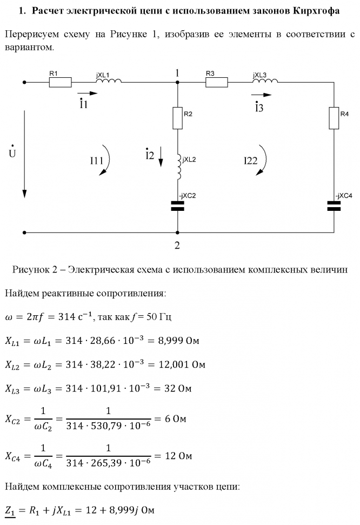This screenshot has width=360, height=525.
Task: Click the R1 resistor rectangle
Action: (x=61, y=82)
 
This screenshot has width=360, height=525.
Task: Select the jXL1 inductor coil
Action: (x=109, y=80)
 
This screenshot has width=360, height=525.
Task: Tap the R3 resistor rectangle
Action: (x=217, y=82)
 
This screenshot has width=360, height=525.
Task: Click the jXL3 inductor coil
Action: (x=265, y=80)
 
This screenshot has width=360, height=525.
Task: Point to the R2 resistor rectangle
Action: (x=177, y=118)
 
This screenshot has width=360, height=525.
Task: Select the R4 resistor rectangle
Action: (x=334, y=118)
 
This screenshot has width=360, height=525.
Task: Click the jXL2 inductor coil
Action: (x=179, y=167)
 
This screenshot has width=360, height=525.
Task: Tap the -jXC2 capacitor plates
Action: (x=177, y=206)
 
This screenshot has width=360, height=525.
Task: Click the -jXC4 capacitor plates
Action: (x=334, y=206)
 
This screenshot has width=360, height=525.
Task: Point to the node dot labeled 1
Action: (x=177, y=82)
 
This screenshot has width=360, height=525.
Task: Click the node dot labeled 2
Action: (x=177, y=232)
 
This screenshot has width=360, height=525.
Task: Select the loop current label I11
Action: (x=96, y=161)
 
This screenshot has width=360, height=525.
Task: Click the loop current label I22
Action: (x=250, y=161)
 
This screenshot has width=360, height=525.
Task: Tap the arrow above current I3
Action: (x=261, y=95)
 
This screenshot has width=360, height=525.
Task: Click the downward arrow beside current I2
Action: (x=161, y=156)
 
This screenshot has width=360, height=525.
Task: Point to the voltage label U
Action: (x=12, y=152)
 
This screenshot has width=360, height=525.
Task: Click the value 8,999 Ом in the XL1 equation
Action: (x=178, y=341)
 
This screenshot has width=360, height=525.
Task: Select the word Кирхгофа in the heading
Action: (x=316, y=11)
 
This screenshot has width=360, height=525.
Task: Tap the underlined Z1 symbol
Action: (x=10, y=511)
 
